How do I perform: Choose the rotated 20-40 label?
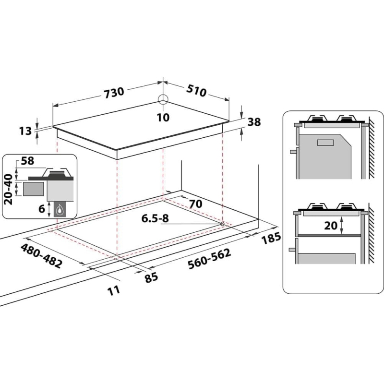pos(8,189)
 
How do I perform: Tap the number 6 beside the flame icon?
pos(41,208)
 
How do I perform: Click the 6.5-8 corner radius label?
pos(155,218)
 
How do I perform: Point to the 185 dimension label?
pos(270,238)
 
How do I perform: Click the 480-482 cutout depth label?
pos(41,256)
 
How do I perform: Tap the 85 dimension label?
pos(151,277)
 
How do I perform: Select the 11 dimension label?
pos(113,289)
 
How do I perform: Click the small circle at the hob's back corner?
pos(163,99)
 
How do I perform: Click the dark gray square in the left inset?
pos(33,188)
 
